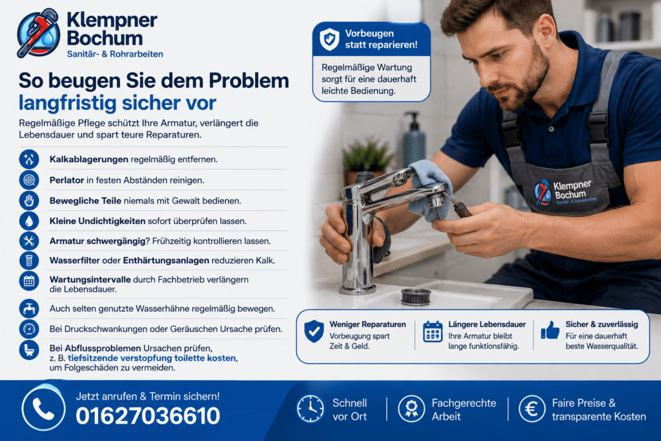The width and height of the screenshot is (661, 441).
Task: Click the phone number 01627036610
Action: coord(148,416)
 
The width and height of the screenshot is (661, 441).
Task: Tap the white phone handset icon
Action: coord(43,409)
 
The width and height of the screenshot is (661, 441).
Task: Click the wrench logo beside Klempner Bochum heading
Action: coord(38,32)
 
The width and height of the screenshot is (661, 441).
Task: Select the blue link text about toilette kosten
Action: coord(152,358)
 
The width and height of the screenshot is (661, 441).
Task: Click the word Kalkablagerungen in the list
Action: coord(89,159)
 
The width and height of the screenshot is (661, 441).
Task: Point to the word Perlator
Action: coord(66,180)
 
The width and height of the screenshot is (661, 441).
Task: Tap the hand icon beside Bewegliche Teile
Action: coord(29,201)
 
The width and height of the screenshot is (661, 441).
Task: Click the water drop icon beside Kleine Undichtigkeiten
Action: coord(29,221)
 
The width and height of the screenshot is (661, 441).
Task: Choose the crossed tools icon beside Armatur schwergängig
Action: coord(29,241)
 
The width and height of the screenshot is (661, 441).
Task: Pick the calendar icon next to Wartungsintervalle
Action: coord(29,281)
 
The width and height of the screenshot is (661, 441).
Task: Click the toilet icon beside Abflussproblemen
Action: coord(29,349)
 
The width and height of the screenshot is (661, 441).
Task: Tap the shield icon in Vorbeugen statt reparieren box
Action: coord(329,39)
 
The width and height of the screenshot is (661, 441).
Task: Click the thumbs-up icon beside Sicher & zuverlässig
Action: coord(550,330)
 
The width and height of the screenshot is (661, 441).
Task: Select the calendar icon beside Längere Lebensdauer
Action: coord(432,331)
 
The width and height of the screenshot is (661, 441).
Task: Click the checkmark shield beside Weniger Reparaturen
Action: coord(314,331)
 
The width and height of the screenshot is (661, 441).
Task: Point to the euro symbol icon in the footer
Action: coord(532,409)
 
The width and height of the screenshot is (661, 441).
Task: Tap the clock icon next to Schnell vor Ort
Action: coord(310,409)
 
